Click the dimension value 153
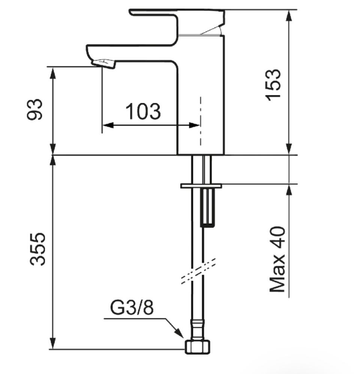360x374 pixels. [x=273, y=85]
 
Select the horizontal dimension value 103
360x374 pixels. [x=143, y=112]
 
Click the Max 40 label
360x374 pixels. [x=277, y=259]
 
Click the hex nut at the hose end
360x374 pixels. [x=198, y=347]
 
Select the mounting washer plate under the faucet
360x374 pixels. [x=201, y=186]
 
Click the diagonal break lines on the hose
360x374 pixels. [x=198, y=271]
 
